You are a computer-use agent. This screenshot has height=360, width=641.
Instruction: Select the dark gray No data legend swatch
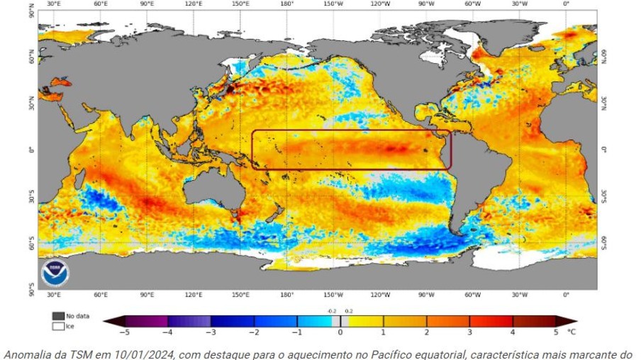(x=58, y=315)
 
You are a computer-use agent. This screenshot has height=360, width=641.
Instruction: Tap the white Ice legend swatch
(x=58, y=326)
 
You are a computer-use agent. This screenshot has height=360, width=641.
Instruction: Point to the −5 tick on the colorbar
(x=124, y=331)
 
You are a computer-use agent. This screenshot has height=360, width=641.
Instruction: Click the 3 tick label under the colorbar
(x=469, y=331)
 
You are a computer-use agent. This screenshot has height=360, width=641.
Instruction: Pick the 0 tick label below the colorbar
(x=340, y=331)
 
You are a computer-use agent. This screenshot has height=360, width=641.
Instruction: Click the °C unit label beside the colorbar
(x=572, y=331)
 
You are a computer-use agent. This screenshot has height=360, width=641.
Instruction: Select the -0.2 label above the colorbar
(x=332, y=311)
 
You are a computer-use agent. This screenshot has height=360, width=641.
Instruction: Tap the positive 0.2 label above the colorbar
(x=348, y=311)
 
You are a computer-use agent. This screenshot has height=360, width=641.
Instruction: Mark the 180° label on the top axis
(x=286, y=4)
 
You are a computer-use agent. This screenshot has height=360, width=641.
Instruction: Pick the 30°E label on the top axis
(x=53, y=4)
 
